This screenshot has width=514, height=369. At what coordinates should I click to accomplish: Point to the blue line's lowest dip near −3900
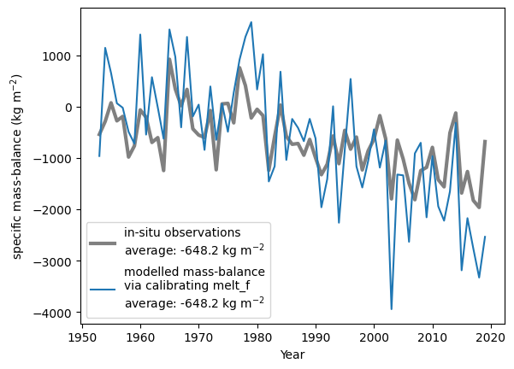pos(392,309)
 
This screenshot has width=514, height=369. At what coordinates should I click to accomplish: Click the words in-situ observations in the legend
pos(182,232)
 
